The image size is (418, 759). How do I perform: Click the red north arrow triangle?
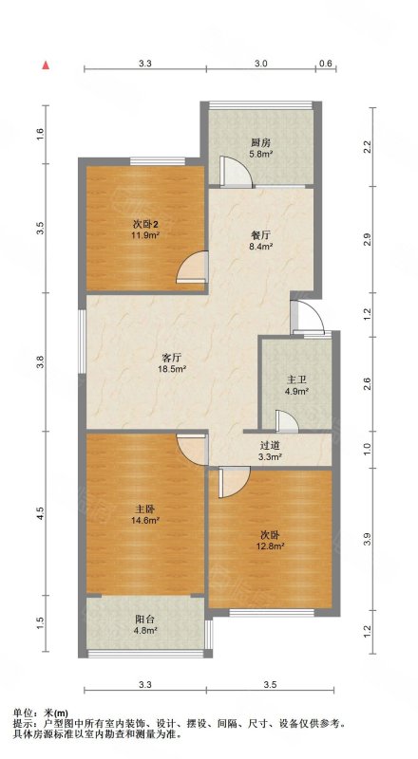[x=46, y=65]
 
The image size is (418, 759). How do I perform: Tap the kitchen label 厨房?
[x=260, y=142]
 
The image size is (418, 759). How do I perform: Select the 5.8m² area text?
[x=261, y=155]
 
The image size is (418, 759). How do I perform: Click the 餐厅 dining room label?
[x=260, y=235]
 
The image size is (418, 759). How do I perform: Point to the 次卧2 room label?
[x=146, y=225]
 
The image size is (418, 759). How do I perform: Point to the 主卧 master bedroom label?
[x=144, y=509]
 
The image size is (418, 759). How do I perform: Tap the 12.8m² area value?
[x=270, y=546]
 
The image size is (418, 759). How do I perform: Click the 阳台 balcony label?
[x=144, y=620]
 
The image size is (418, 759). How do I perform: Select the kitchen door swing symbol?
[x=236, y=172]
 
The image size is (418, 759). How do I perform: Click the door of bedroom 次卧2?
[x=193, y=267]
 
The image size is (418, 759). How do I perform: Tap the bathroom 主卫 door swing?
[x=287, y=420]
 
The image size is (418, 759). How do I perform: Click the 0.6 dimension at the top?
[x=326, y=63]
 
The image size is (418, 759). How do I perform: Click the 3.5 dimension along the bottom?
[x=270, y=684]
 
